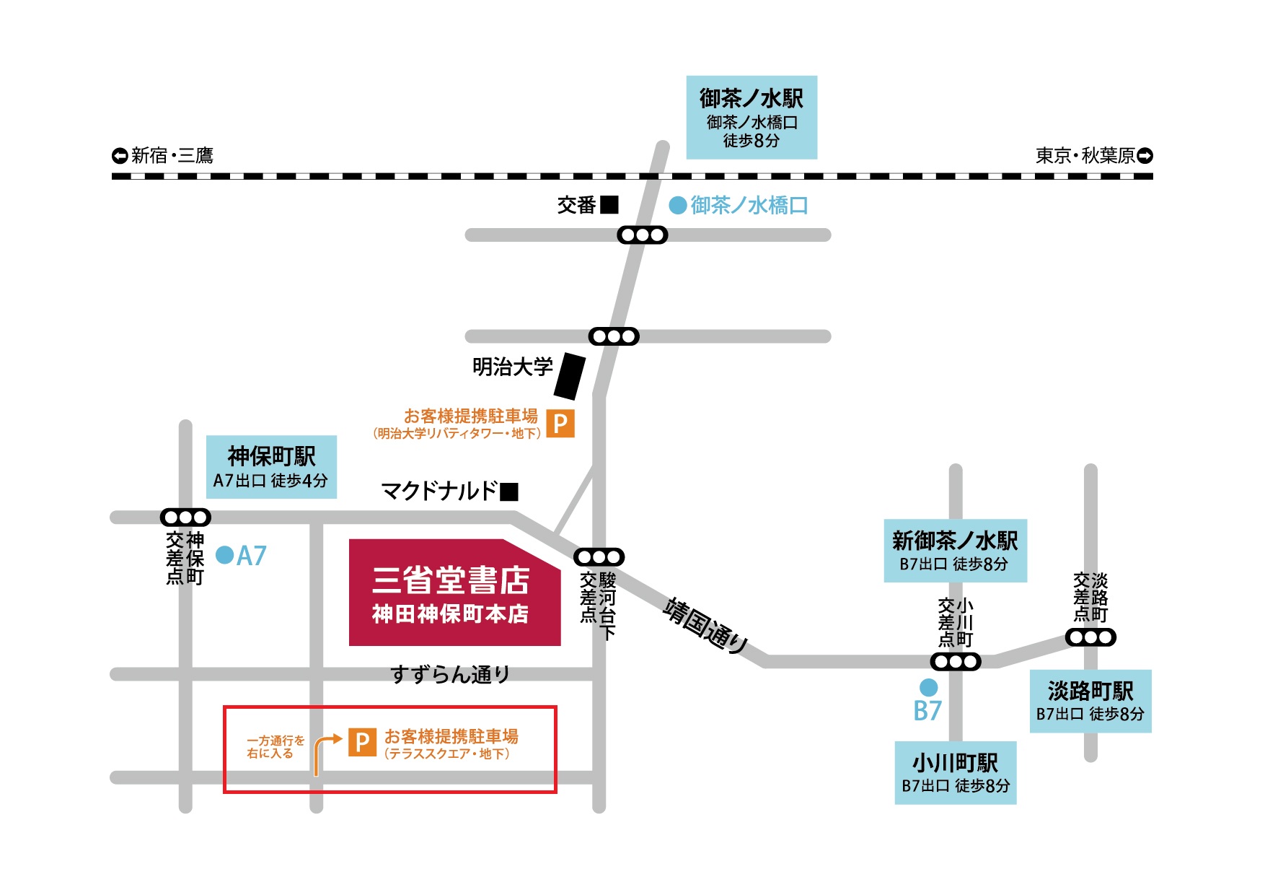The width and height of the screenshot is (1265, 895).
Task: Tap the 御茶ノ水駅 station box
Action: (751, 117)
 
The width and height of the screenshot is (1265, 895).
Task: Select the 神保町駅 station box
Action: (271, 467)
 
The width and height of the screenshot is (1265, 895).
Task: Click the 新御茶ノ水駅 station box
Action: (955, 551)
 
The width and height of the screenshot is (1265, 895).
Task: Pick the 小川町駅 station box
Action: (955, 772)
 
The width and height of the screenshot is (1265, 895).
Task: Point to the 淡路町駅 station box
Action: (1090, 701)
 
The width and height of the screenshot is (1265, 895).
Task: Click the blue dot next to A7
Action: (225, 555)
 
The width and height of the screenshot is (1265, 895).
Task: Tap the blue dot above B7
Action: (928, 687)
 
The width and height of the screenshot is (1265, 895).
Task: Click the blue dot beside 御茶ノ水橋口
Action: (677, 206)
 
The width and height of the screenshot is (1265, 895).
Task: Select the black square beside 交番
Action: (609, 205)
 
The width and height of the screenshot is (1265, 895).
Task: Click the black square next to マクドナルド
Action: (509, 492)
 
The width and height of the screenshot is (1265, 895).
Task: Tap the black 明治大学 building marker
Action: (570, 375)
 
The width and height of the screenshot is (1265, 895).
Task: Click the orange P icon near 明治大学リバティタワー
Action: (560, 423)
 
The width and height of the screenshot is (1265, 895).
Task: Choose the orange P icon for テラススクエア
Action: (362, 742)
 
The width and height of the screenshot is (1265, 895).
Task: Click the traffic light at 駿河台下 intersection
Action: (599, 557)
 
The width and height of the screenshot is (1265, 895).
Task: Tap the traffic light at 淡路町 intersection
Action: (1090, 637)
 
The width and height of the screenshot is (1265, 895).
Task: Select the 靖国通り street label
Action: (705, 625)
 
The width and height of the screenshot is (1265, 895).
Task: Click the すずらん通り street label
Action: (450, 675)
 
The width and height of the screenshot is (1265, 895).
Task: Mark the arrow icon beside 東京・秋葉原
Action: (1145, 155)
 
